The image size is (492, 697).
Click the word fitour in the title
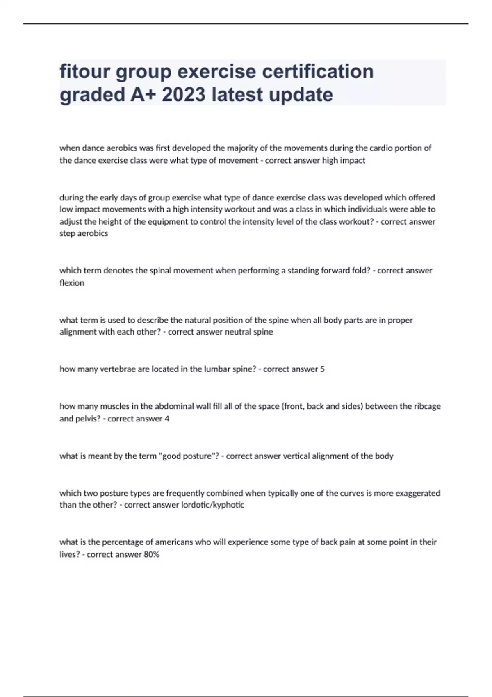click(84, 71)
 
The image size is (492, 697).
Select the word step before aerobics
click(67, 234)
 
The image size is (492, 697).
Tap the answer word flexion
click(72, 283)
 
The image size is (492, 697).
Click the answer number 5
click(322, 369)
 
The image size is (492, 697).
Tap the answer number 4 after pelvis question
click(167, 419)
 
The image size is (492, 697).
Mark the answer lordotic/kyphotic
click(212, 505)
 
